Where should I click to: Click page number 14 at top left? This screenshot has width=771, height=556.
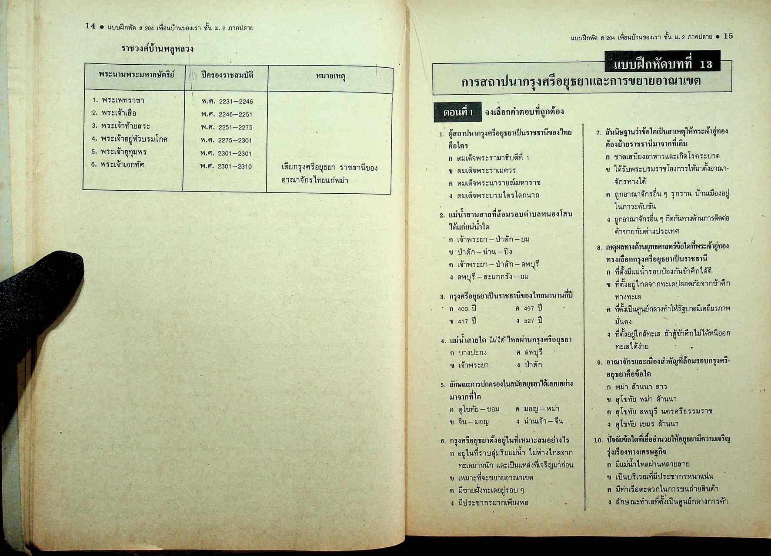pyautogui.click(x=90, y=26)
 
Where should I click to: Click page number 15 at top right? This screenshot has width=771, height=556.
pyautogui.click(x=728, y=36)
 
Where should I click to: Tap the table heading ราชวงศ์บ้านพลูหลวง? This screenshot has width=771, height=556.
pyautogui.click(x=157, y=49)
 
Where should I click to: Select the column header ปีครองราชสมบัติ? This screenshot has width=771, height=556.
pyautogui.click(x=227, y=75)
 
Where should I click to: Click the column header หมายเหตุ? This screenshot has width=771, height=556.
pyautogui.click(x=330, y=76)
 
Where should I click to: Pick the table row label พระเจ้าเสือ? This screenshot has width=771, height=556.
pyautogui.click(x=118, y=113)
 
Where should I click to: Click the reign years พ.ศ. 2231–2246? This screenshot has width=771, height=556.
pyautogui.click(x=227, y=102)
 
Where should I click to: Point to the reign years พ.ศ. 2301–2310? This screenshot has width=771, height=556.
pyautogui.click(x=226, y=166)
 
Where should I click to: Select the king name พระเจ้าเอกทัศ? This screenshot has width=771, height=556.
pyautogui.click(x=122, y=165)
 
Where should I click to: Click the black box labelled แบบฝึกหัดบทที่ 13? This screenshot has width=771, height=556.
pyautogui.click(x=662, y=64)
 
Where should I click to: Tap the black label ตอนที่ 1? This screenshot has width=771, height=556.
pyautogui.click(x=457, y=113)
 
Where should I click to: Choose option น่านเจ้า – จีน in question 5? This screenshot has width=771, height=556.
pyautogui.click(x=544, y=421)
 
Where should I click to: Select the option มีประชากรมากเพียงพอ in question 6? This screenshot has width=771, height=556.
pyautogui.click(x=493, y=503)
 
